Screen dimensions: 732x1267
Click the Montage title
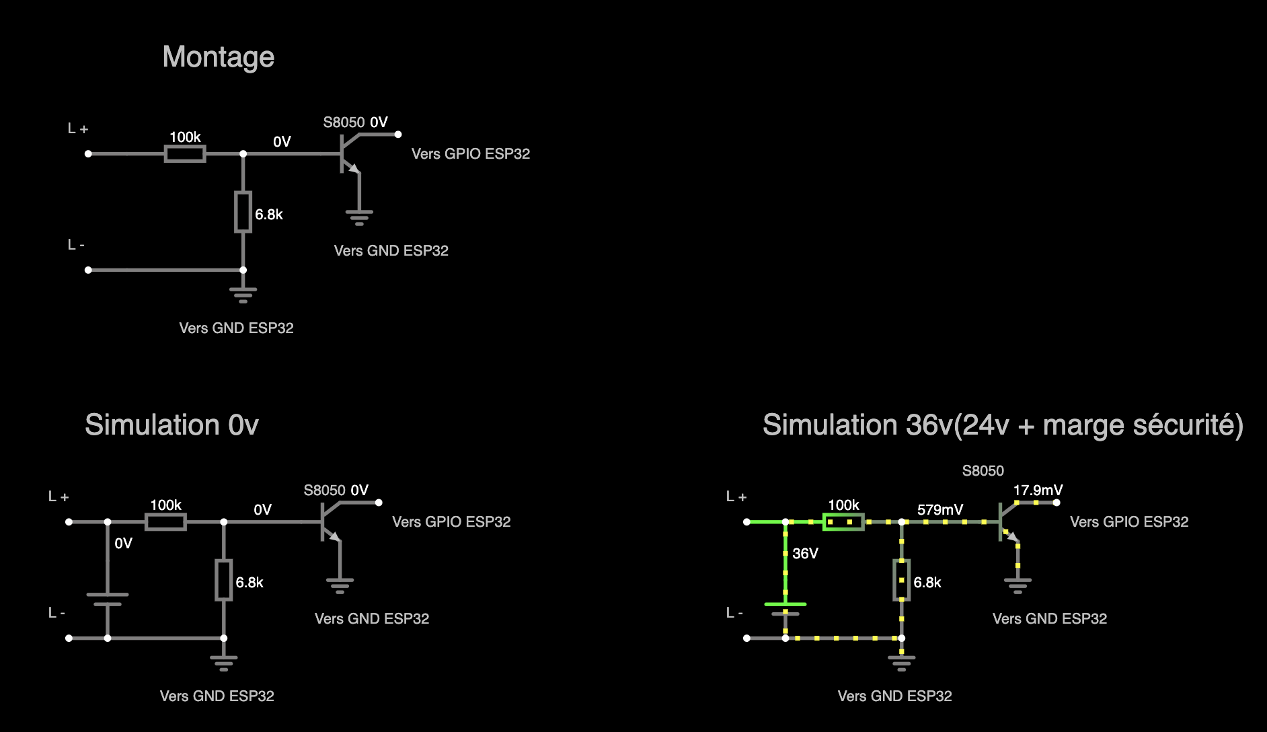click(218, 57)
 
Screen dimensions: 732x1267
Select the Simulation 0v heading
click(171, 425)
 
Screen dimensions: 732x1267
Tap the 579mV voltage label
click(939, 510)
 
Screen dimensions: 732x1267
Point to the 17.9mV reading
click(1038, 490)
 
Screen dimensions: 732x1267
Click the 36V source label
click(805, 554)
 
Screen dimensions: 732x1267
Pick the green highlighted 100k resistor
click(843, 522)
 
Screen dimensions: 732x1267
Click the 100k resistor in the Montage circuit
click(185, 154)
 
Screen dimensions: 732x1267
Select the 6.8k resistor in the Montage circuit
click(243, 212)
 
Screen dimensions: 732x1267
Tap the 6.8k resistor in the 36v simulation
click(901, 580)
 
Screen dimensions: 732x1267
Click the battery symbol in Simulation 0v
click(108, 599)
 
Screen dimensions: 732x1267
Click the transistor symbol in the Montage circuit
click(348, 154)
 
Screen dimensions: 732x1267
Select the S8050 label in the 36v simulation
click(983, 471)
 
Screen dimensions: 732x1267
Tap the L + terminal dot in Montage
click(88, 154)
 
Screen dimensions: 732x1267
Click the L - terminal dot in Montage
click(88, 270)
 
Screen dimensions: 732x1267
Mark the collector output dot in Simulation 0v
click(379, 503)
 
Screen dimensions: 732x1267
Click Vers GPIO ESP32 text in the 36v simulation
click(1128, 522)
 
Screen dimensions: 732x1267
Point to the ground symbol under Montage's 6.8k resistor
click(243, 295)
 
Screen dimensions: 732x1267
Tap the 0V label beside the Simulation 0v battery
click(123, 544)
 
